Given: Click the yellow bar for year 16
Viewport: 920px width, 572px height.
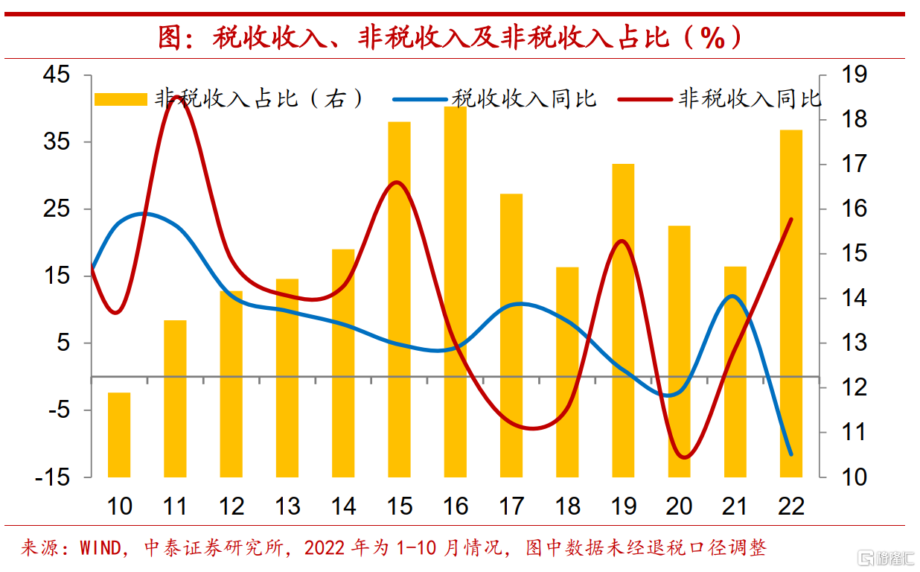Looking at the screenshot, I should click(x=456, y=290).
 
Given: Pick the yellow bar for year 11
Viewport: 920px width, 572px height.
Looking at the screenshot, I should click(x=175, y=398).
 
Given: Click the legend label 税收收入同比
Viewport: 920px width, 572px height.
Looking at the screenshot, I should click(x=525, y=99).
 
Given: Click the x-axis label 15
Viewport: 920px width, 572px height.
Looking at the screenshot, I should click(x=400, y=507).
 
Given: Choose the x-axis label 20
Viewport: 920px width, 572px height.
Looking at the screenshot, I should click(x=679, y=507).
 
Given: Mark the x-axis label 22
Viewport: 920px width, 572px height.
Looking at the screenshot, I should click(x=791, y=507).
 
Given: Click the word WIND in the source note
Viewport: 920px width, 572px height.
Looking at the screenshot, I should click(x=101, y=550).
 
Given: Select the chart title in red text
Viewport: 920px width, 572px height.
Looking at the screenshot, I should click(x=452, y=37).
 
